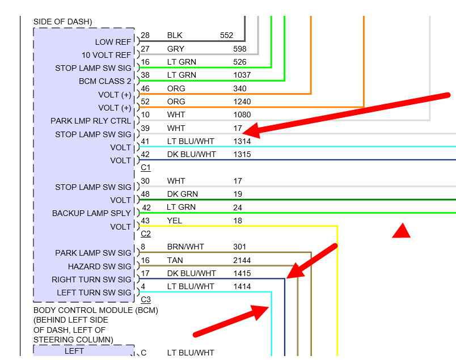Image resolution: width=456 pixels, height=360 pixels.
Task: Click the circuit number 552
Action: point(226,35)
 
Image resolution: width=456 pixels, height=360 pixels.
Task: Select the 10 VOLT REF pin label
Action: point(106,55)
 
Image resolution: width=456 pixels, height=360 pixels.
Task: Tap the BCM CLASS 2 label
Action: point(105,81)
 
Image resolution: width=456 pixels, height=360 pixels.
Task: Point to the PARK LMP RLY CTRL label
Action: point(91,121)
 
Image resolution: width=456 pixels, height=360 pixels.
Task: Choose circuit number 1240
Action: point(242,102)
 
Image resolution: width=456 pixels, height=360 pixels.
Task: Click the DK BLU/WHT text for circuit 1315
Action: point(191,154)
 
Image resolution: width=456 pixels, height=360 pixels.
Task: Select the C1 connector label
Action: point(146,168)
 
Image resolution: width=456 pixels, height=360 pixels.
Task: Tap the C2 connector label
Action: point(146,234)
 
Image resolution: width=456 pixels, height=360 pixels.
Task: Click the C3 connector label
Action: point(146,299)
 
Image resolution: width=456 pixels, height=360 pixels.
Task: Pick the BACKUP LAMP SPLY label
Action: point(92,213)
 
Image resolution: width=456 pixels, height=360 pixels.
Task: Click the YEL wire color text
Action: point(175,221)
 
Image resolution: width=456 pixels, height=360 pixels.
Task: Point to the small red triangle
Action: point(402,230)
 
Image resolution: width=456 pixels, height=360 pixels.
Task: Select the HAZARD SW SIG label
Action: point(100,266)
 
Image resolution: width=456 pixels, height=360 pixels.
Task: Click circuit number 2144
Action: point(242,260)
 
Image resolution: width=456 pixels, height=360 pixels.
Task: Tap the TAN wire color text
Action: point(175,260)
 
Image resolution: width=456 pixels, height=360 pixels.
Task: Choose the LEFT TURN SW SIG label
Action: point(94,293)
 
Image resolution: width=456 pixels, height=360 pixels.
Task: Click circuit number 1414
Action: point(242,286)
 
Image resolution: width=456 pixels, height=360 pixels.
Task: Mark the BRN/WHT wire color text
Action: point(185,247)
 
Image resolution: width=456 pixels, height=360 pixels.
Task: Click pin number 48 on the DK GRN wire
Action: point(145,194)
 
